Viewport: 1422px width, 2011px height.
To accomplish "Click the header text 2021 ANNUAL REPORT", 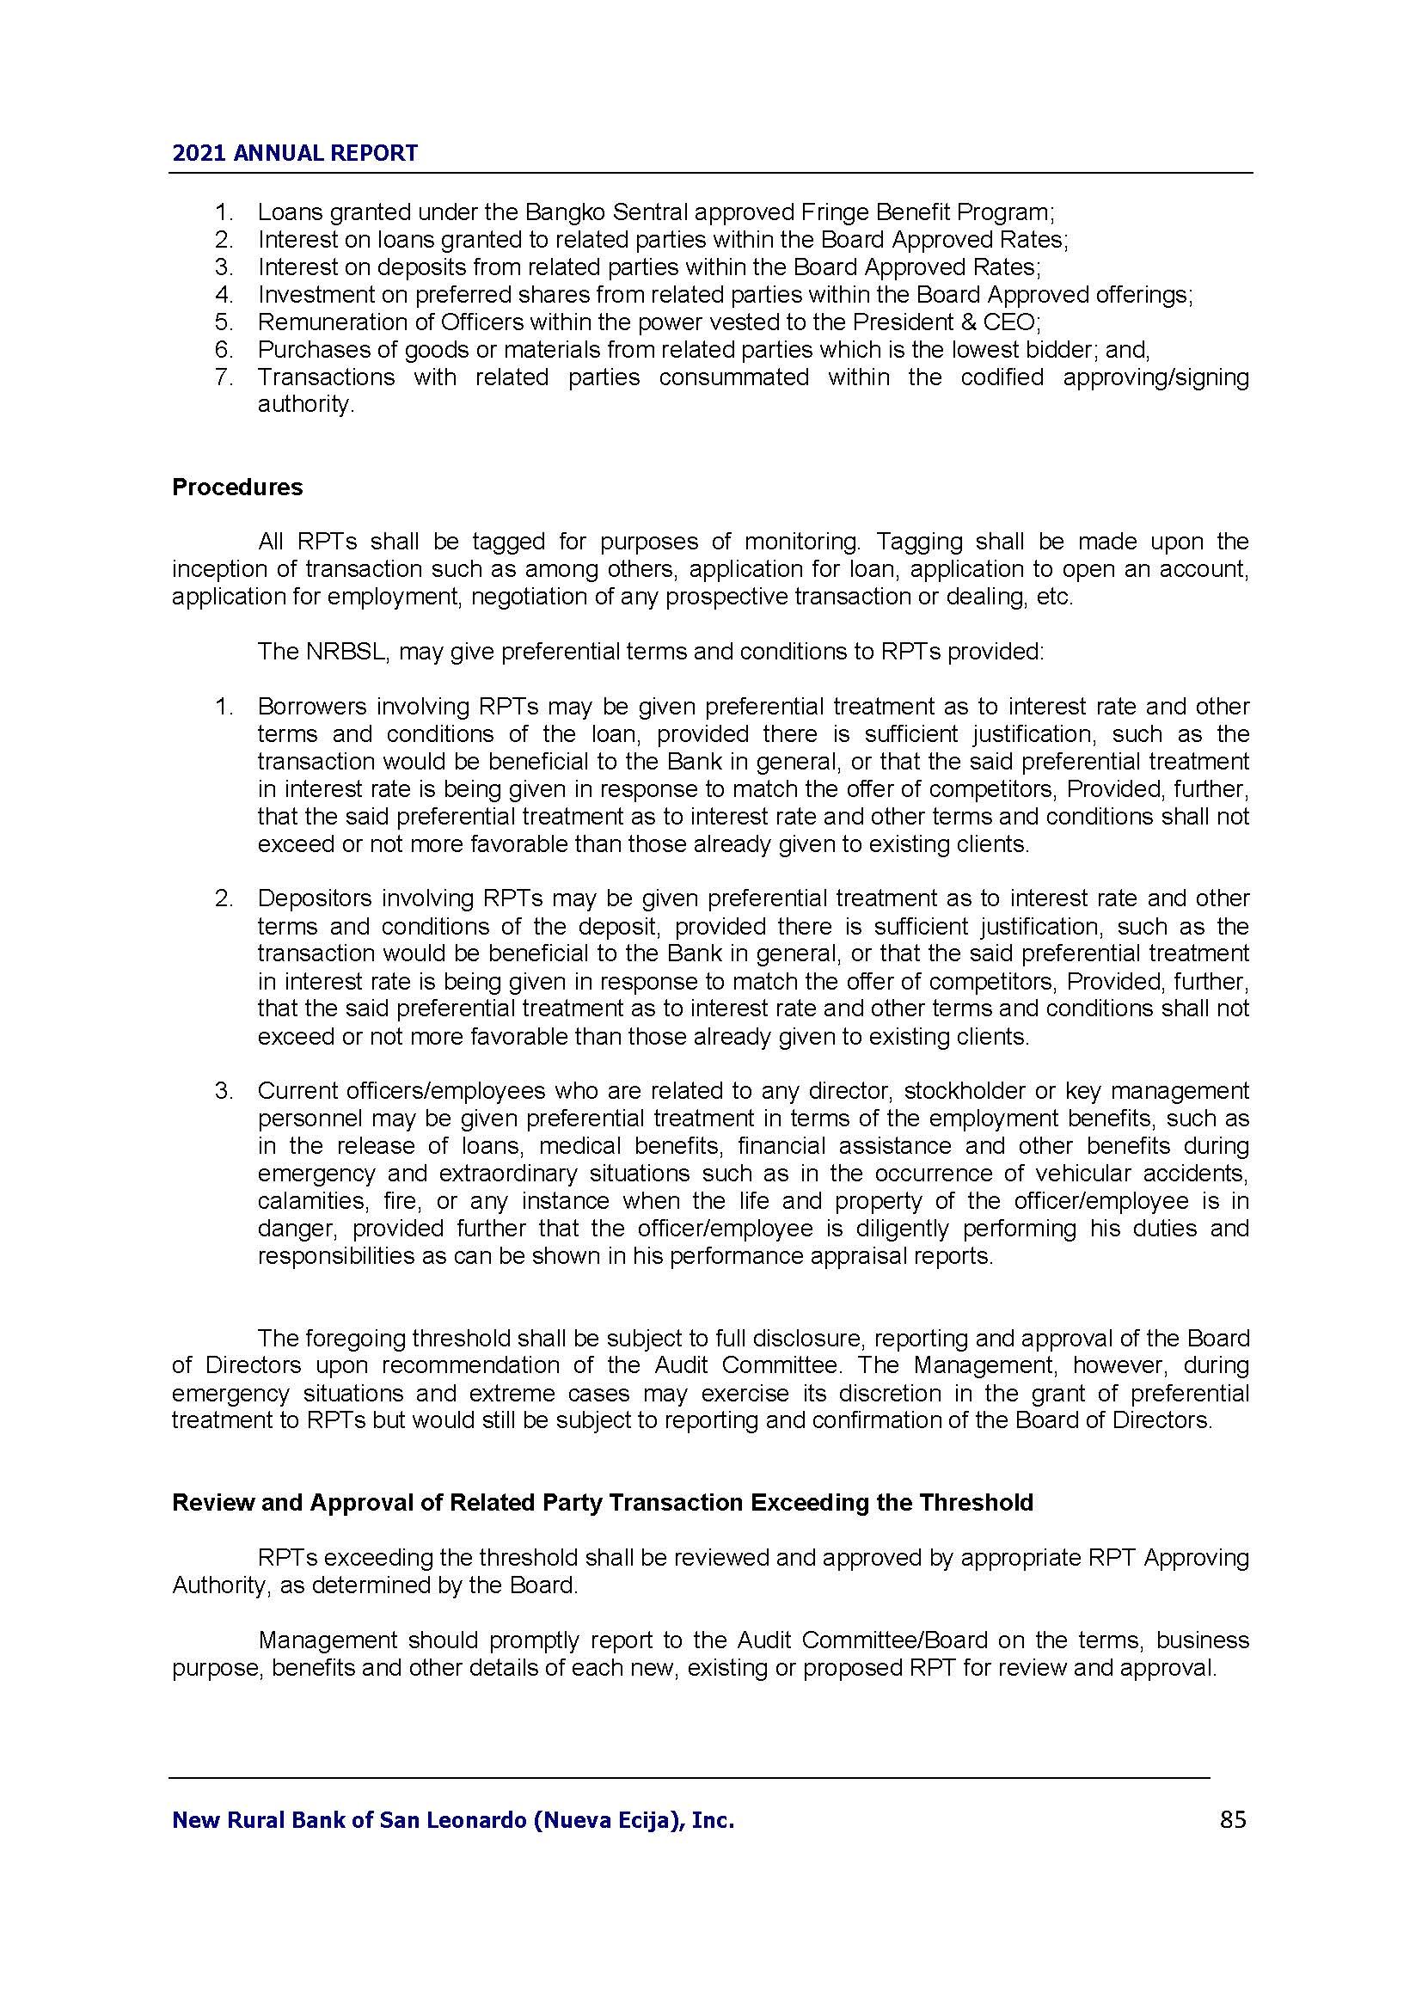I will tap(295, 153).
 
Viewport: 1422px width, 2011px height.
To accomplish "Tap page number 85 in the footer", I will tap(1232, 1820).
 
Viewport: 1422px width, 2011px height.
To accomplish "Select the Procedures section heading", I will tap(237, 487).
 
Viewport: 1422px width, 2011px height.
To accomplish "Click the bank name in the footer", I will tap(453, 1821).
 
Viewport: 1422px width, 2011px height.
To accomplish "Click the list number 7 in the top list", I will tap(224, 377).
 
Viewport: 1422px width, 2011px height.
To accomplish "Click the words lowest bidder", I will tap(1021, 349).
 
